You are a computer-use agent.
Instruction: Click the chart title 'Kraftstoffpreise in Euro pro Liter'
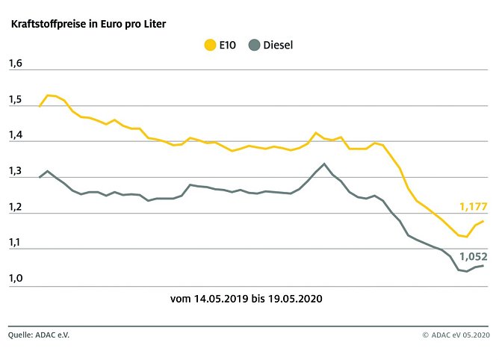pyautogui.click(x=88, y=24)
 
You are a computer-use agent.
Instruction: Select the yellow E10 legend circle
pyautogui.click(x=211, y=46)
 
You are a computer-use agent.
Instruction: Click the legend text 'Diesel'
pyautogui.click(x=278, y=46)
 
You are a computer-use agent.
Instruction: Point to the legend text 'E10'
pyautogui.click(x=229, y=46)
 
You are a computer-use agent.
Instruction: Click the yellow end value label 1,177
pyautogui.click(x=472, y=205)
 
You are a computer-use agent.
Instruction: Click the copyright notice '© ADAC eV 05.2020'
pyautogui.click(x=456, y=335)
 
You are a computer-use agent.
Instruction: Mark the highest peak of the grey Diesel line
pyautogui.click(x=323, y=164)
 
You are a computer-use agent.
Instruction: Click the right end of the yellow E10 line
pyautogui.click(x=483, y=221)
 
